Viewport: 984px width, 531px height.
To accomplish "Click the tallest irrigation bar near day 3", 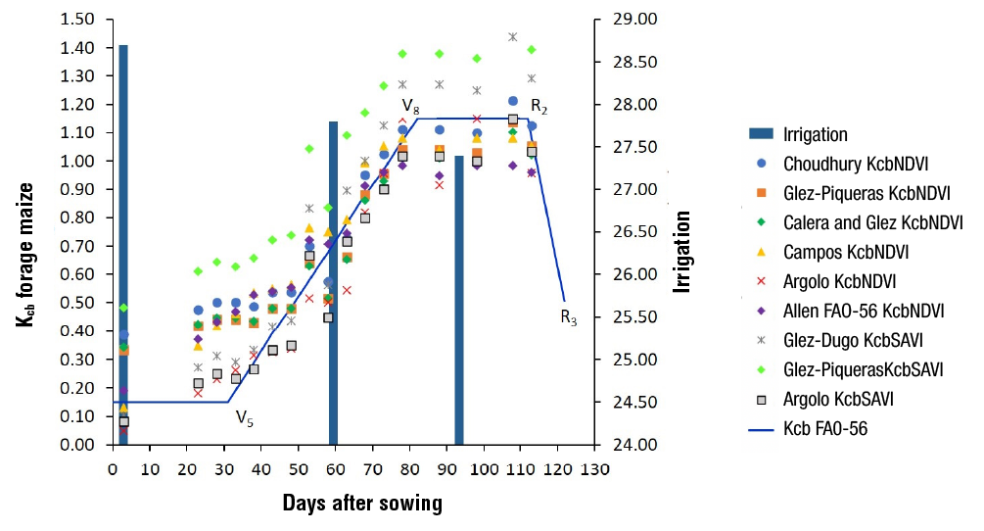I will tap(123, 245).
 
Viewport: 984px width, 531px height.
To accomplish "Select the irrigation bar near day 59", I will tap(333, 284).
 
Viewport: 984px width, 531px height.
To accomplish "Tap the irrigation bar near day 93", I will tap(458, 314).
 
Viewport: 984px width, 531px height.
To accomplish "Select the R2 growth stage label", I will tap(539, 106).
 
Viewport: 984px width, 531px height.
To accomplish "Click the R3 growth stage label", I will tap(569, 316).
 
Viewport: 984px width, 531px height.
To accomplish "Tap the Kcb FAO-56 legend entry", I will tap(825, 428).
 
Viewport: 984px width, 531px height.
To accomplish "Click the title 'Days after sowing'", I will tap(362, 505).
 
